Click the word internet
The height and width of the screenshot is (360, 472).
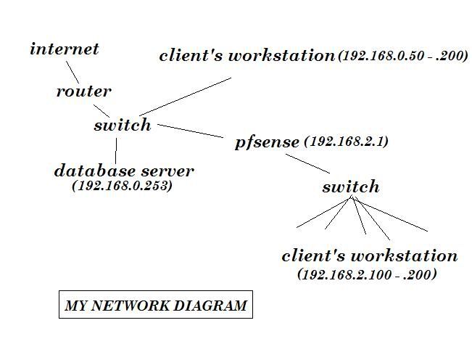64,49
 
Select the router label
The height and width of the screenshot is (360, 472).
84,91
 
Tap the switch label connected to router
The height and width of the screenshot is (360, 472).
123,125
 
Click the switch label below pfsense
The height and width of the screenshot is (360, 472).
350,187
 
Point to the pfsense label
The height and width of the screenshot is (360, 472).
267,142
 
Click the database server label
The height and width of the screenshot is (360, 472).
124,171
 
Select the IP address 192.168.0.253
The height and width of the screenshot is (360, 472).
123,186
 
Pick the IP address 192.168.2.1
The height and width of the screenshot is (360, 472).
347,142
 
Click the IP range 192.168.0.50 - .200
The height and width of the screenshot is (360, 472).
403,56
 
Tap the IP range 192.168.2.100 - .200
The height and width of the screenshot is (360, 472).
368,274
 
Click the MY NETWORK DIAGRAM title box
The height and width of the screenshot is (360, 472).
155,306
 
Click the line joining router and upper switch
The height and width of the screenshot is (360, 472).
101,110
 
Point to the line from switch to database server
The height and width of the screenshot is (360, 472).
116,150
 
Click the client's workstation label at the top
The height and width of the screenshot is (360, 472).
246,56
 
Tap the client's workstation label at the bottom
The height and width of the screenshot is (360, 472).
369,256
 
